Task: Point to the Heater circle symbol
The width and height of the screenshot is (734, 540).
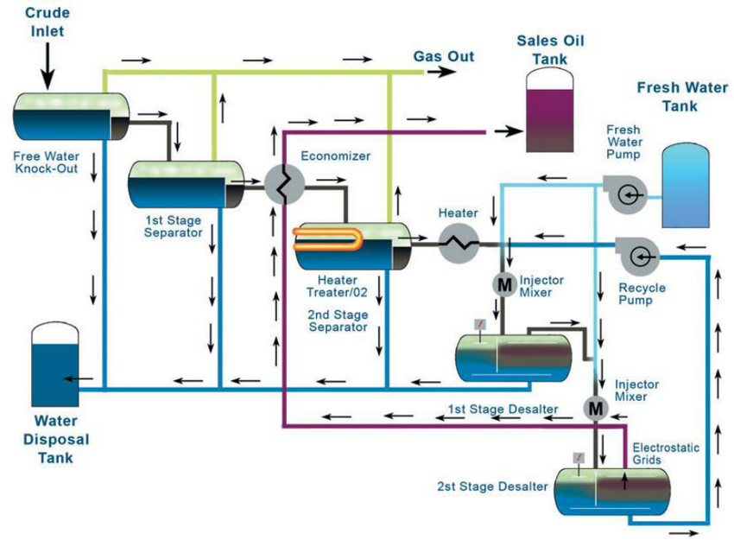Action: point(458,244)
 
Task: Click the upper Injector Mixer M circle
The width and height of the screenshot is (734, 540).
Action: point(503,283)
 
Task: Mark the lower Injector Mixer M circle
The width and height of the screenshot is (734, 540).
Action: point(595,405)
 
